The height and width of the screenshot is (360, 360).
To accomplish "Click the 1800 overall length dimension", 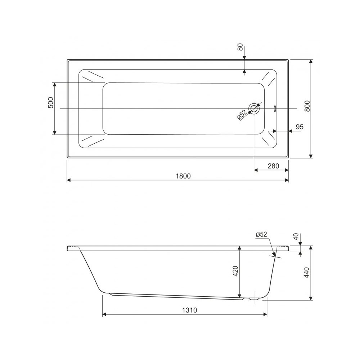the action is (x=183, y=176).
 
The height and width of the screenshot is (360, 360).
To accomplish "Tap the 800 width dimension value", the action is (x=307, y=106).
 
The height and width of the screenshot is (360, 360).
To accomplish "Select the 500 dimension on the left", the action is (x=51, y=103).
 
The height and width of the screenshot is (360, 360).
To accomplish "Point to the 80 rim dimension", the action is (x=240, y=47).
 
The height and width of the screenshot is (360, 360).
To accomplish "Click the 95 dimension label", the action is (x=300, y=127).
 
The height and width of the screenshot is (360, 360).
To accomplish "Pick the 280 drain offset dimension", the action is (x=273, y=166).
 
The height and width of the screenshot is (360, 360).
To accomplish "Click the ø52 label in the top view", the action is (x=242, y=114).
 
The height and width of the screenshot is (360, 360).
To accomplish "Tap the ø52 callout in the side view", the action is (x=261, y=234).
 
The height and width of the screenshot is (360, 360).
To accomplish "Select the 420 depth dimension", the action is (x=236, y=271).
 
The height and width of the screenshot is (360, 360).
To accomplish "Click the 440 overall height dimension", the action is (x=307, y=273).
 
